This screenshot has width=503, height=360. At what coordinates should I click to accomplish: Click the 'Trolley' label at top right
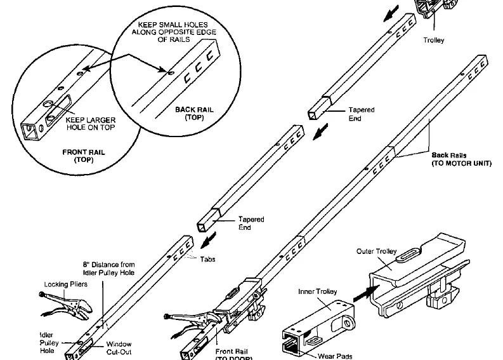coord(433,40)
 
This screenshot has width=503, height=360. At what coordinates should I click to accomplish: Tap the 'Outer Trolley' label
coord(376,251)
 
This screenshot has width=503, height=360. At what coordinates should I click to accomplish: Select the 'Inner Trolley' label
coord(317,291)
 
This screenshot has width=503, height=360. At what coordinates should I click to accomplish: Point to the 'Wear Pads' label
coord(335,356)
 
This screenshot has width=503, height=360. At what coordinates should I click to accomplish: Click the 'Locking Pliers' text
coord(65,284)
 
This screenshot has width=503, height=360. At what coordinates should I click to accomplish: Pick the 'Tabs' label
coord(207,259)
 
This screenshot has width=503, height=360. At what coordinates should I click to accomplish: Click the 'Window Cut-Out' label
coord(119,348)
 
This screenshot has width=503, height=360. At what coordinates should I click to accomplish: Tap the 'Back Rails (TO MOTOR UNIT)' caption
coord(461,159)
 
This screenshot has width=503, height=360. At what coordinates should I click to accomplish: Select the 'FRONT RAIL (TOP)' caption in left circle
coord(83,156)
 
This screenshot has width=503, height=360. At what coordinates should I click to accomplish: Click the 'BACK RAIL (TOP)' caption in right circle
coord(194,114)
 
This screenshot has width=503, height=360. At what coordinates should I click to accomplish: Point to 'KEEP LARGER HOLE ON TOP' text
coord(91,124)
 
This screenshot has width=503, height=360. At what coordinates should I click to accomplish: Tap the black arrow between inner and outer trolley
coord(366,293)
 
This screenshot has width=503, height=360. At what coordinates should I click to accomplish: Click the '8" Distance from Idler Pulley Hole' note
coord(108,269)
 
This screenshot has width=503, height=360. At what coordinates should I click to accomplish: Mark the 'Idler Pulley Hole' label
coord(49,343)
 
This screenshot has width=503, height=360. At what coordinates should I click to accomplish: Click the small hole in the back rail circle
coord(171,73)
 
